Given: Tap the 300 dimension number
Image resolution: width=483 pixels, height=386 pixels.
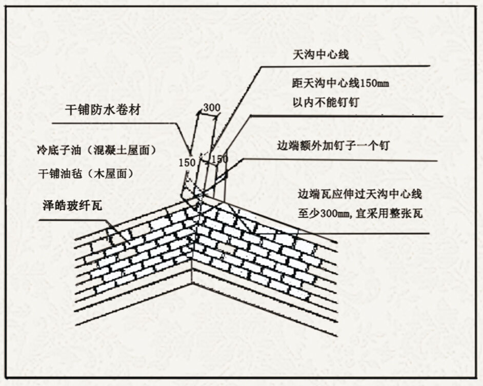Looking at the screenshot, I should point(211,108).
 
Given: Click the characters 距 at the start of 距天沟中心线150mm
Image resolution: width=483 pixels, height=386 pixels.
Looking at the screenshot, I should point(295,83).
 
